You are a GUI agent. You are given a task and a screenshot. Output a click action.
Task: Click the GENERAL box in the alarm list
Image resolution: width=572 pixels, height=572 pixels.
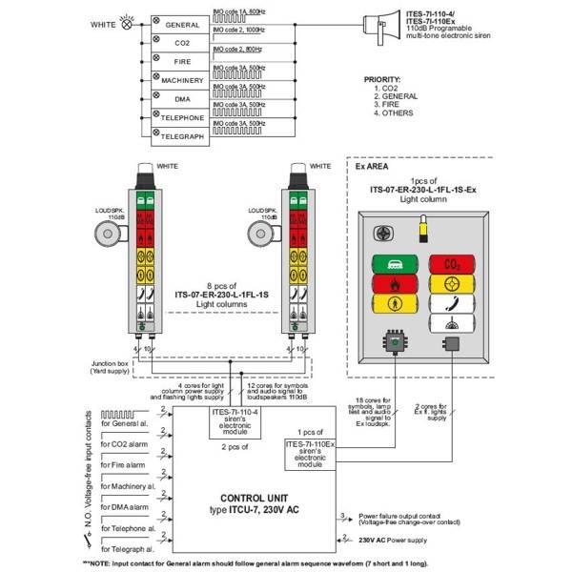pyautogui.click(x=181, y=24)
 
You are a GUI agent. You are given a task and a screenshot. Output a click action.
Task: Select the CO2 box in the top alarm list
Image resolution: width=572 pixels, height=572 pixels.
pyautogui.click(x=181, y=43)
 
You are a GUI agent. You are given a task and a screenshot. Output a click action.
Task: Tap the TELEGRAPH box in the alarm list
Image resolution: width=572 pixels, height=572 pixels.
pyautogui.click(x=181, y=136)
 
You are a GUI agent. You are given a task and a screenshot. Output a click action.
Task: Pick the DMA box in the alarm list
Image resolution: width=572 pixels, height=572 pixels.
pyautogui.click(x=181, y=99)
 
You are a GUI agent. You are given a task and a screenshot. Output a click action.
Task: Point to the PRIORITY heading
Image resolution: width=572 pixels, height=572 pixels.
pyautogui.click(x=383, y=79)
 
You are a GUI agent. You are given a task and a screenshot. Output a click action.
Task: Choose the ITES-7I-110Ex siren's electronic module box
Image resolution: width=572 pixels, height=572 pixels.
pyautogui.click(x=315, y=453)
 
